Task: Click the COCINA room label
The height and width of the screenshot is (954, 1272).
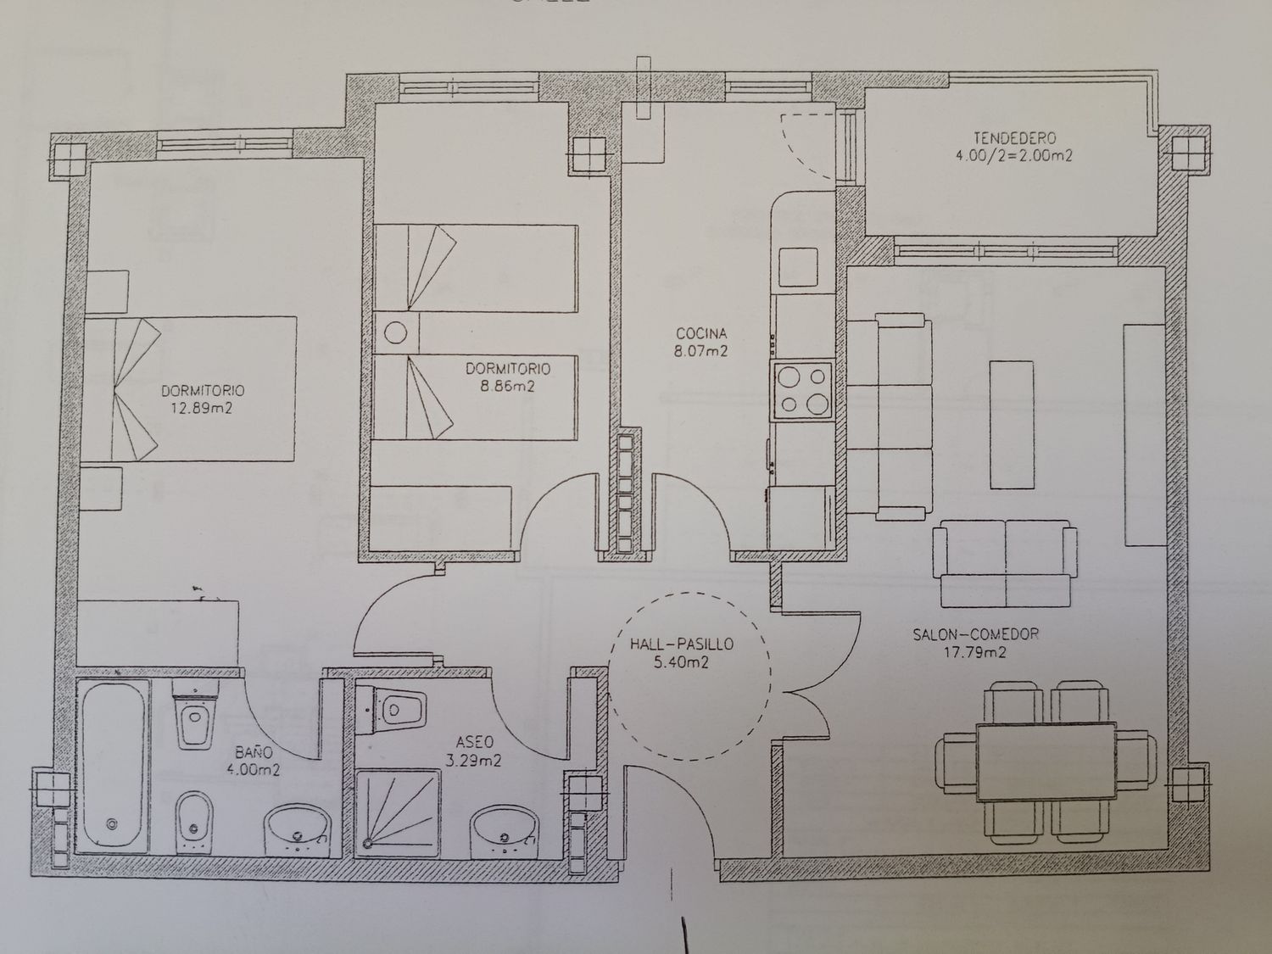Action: [x=701, y=333]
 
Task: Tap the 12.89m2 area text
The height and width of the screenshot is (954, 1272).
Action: [x=202, y=409]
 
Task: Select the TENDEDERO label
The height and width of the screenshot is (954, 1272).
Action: [x=1015, y=138]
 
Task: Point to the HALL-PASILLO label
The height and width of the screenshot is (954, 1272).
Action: [x=682, y=644]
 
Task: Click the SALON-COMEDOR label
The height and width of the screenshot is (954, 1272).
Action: [x=976, y=634]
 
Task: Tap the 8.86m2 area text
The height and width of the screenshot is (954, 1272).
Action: [x=508, y=387]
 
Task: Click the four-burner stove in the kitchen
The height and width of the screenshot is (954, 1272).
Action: [x=802, y=390]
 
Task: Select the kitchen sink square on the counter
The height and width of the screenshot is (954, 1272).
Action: [x=798, y=267]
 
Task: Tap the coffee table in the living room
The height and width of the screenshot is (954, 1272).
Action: [x=1012, y=425]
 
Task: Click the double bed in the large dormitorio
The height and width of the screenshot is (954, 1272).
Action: [x=188, y=388]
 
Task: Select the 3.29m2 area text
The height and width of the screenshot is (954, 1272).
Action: [x=474, y=761]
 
